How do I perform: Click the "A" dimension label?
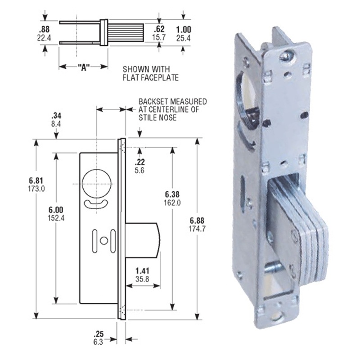coord(82,67)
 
